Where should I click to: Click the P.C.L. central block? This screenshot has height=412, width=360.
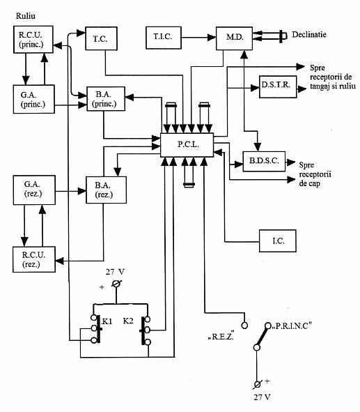pos(187,144)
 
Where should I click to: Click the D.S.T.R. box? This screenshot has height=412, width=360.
pos(275,87)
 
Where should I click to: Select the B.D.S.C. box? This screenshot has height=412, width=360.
pos(262,161)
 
